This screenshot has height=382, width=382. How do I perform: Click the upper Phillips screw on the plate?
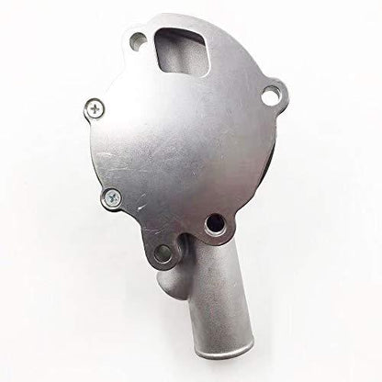[x=97, y=108]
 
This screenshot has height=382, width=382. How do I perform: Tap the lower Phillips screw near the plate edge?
[x=112, y=195]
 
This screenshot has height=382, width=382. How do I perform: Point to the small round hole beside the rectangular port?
[x=137, y=41]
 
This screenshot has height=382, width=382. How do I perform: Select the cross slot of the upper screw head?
[x=97, y=108]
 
